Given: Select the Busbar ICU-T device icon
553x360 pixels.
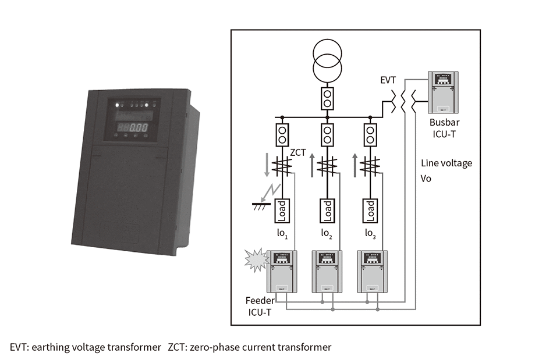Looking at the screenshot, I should click(x=444, y=92).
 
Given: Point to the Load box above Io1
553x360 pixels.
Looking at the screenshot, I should click(x=282, y=211).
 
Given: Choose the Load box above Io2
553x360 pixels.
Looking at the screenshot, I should click(x=327, y=211).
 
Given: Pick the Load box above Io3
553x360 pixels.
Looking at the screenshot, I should click(x=370, y=211).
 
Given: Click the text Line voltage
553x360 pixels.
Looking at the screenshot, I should click(x=446, y=163).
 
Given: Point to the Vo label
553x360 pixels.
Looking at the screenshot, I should click(x=426, y=179).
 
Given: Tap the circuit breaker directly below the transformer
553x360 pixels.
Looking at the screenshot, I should click(x=327, y=98).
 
